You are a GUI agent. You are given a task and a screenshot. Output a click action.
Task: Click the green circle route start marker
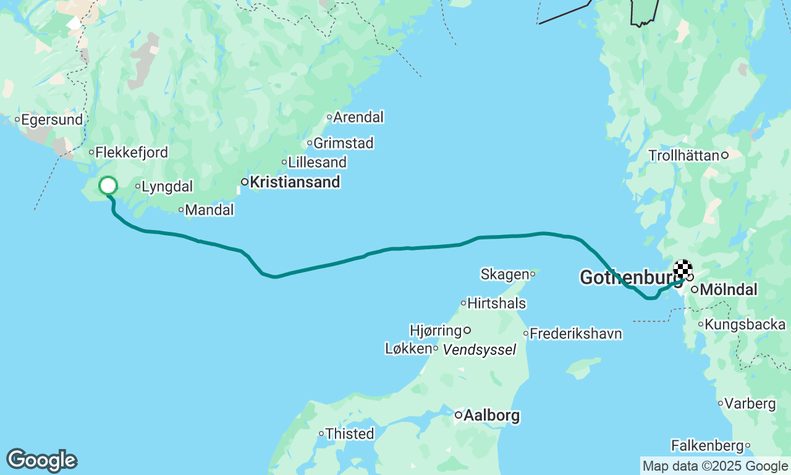pos(108,186)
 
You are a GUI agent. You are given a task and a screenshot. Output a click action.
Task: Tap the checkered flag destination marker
pos(682,270)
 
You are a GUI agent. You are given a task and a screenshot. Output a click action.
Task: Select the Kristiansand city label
pos(294,182)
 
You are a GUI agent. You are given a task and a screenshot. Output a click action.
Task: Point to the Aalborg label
pos(491,416)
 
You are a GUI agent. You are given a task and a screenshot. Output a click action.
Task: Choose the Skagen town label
pos(504,274)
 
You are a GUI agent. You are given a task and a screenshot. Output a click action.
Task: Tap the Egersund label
pos(52,120)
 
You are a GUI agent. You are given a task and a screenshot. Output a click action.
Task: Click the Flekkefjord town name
pos(132,153)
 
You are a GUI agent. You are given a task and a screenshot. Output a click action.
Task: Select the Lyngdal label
pos(167,187)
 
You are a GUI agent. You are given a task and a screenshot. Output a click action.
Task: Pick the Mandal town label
pos(209,210)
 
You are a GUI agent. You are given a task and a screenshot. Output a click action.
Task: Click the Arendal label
pos(358,118)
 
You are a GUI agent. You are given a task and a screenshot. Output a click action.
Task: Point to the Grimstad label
pos(343,143)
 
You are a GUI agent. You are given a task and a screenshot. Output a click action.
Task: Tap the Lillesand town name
pos(317,163)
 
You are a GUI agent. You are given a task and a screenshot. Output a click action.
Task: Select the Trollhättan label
pos(684,156)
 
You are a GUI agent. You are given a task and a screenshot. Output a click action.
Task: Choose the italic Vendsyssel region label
pos(480,350)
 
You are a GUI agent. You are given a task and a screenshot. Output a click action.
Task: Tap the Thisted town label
pos(349,434)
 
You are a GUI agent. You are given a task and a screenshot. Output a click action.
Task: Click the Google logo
pos(41,460)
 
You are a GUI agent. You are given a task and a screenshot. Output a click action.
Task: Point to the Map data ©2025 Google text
pos(715,466)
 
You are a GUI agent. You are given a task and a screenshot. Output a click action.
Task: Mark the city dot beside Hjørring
pos(467,330)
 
